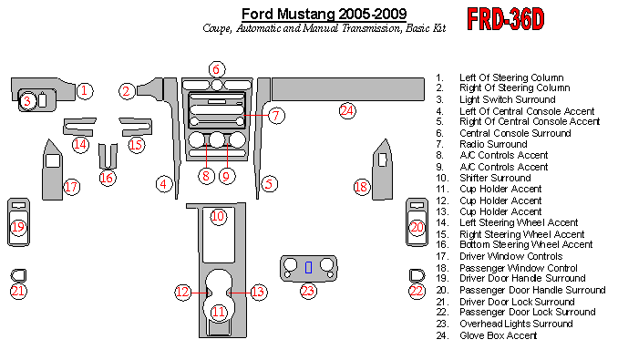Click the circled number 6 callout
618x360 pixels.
[216, 69]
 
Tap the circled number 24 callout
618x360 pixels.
[347, 110]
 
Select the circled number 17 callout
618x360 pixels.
[71, 186]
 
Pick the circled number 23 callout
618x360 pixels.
[308, 291]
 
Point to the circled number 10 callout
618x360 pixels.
[218, 216]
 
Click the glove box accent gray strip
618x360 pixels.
[348, 89]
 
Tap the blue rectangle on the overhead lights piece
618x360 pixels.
[309, 267]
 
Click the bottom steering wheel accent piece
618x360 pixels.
[108, 157]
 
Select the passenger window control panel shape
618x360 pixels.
[382, 170]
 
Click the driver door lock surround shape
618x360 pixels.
[18, 275]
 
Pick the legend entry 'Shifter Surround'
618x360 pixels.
[495, 178]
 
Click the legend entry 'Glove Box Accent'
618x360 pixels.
[499, 335]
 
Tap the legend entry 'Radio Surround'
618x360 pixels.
[493, 144]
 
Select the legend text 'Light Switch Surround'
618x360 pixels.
[507, 99]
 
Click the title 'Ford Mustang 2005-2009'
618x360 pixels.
[324, 15]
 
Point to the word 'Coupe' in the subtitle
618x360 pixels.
[217, 28]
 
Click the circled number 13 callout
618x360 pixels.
[258, 292]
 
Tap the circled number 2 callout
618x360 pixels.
[127, 91]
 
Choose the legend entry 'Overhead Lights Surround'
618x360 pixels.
[516, 324]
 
